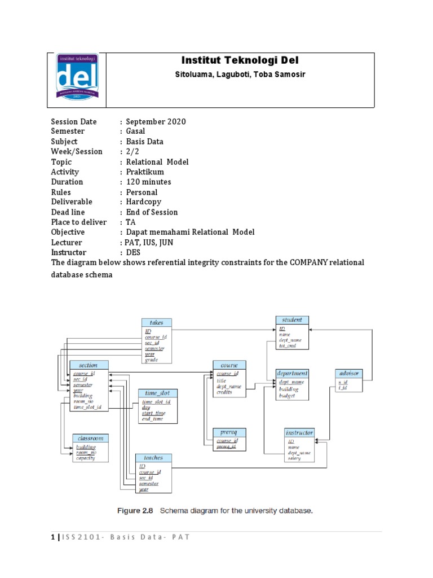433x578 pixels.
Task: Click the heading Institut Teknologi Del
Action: point(240,60)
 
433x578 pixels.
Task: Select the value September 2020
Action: point(156,121)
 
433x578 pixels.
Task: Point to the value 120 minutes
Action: point(148,182)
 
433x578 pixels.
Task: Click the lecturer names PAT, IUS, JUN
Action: point(149,242)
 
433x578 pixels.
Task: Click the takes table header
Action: point(156,322)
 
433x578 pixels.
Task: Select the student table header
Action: point(292,320)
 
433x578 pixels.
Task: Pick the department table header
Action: point(292,373)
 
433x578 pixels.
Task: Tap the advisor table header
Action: point(348,373)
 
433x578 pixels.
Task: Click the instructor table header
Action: point(299,433)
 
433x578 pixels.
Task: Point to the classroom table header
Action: point(90,438)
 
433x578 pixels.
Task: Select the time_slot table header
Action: point(157,393)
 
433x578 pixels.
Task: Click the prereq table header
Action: point(229,432)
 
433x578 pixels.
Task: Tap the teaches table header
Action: point(153,458)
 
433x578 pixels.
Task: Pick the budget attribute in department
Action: point(288,396)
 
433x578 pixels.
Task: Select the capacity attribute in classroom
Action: point(86,458)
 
